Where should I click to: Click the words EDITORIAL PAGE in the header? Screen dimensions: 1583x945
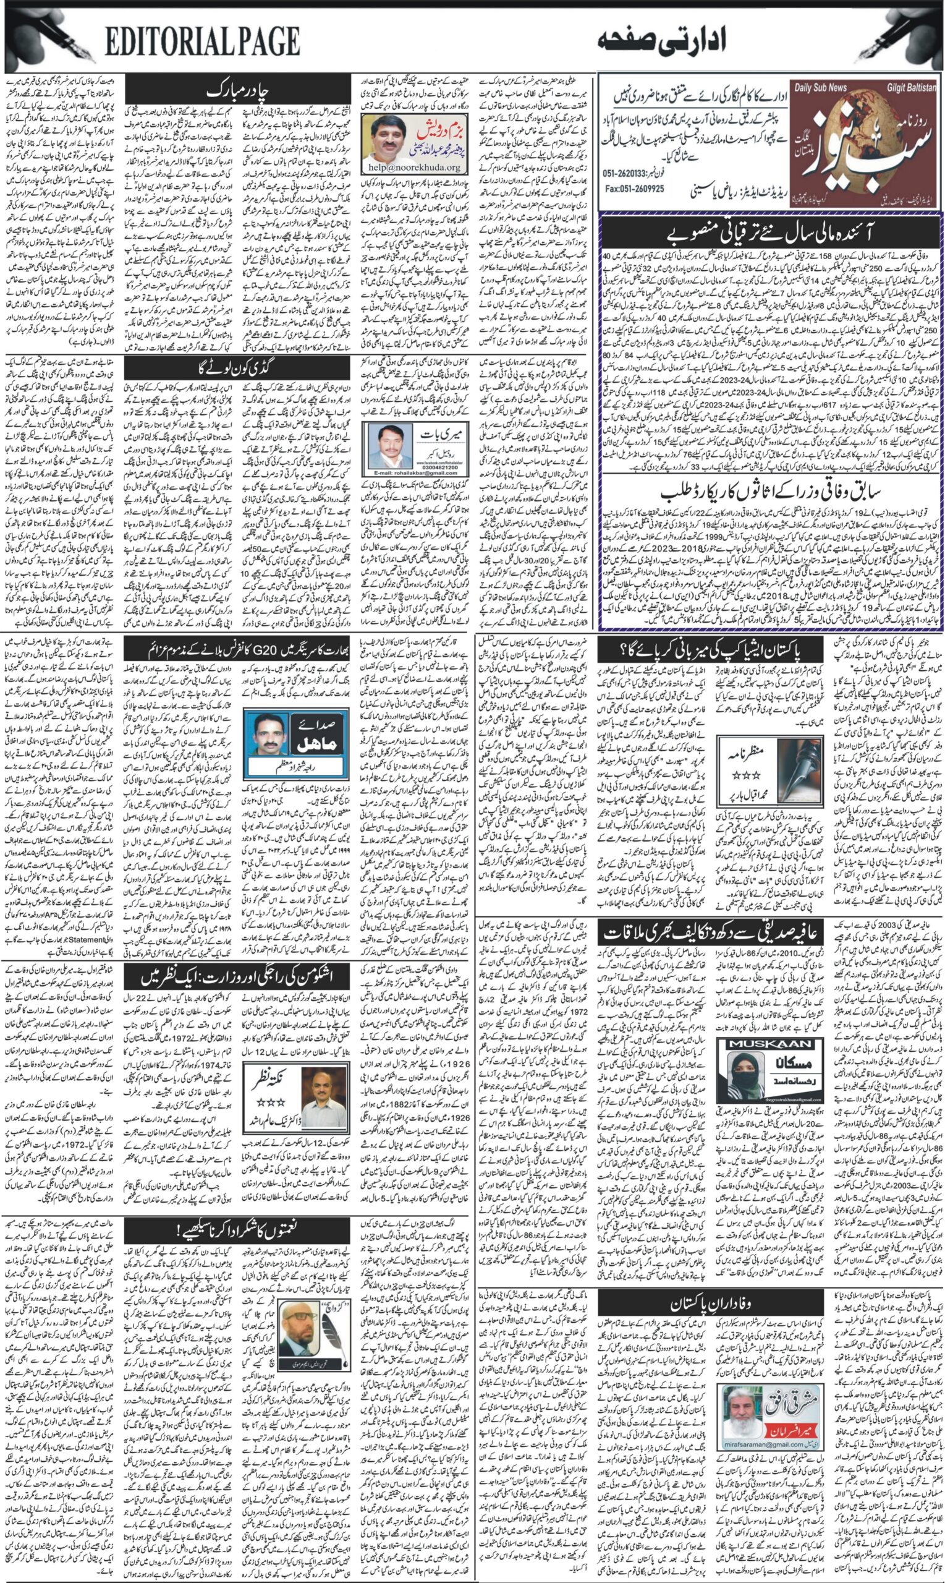(203, 43)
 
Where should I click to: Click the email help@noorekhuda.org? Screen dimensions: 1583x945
(414, 168)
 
